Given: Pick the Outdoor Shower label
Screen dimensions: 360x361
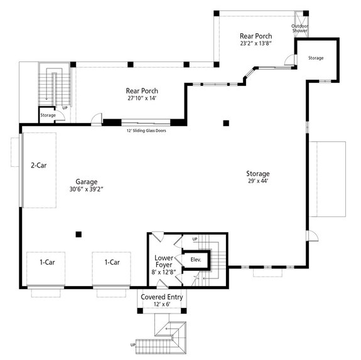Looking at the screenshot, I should [x=299, y=28].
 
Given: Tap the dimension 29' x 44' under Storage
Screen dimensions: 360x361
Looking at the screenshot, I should [x=257, y=183].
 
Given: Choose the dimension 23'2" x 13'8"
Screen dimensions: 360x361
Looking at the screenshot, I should [x=256, y=45].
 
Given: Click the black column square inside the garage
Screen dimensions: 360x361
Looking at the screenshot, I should [x=78, y=235].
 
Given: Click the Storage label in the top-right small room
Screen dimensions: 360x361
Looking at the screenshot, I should [x=316, y=58].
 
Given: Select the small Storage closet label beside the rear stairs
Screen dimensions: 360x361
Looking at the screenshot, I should [x=48, y=115].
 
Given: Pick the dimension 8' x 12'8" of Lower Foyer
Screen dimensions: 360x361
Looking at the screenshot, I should [x=163, y=272].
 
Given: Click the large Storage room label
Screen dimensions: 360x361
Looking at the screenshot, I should [x=257, y=174].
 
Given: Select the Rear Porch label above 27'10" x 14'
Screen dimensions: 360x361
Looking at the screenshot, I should [x=141, y=91].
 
